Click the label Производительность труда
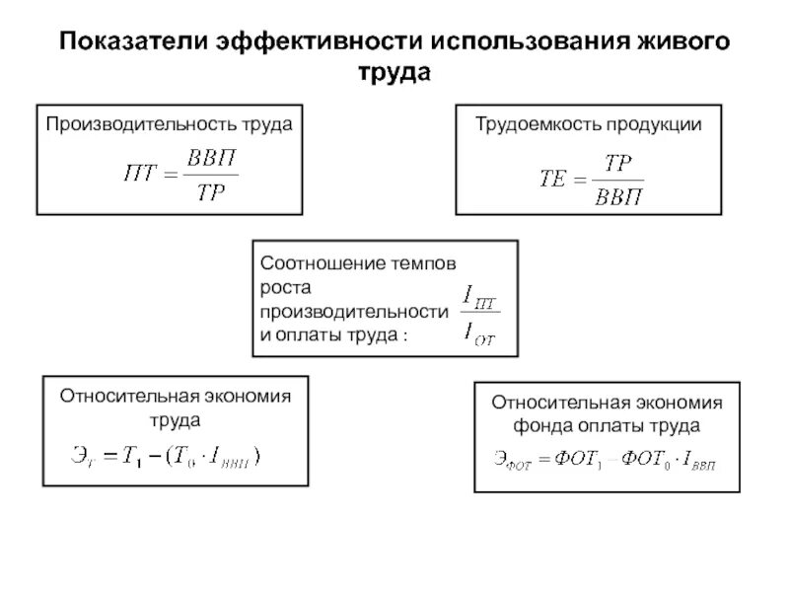pos(168,125)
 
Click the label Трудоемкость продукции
pos(589,125)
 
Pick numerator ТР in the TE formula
pos(618,161)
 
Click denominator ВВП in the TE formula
pos(618,194)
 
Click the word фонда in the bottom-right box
pos(538,426)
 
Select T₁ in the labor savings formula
pos(131,455)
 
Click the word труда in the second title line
pos(394,74)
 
